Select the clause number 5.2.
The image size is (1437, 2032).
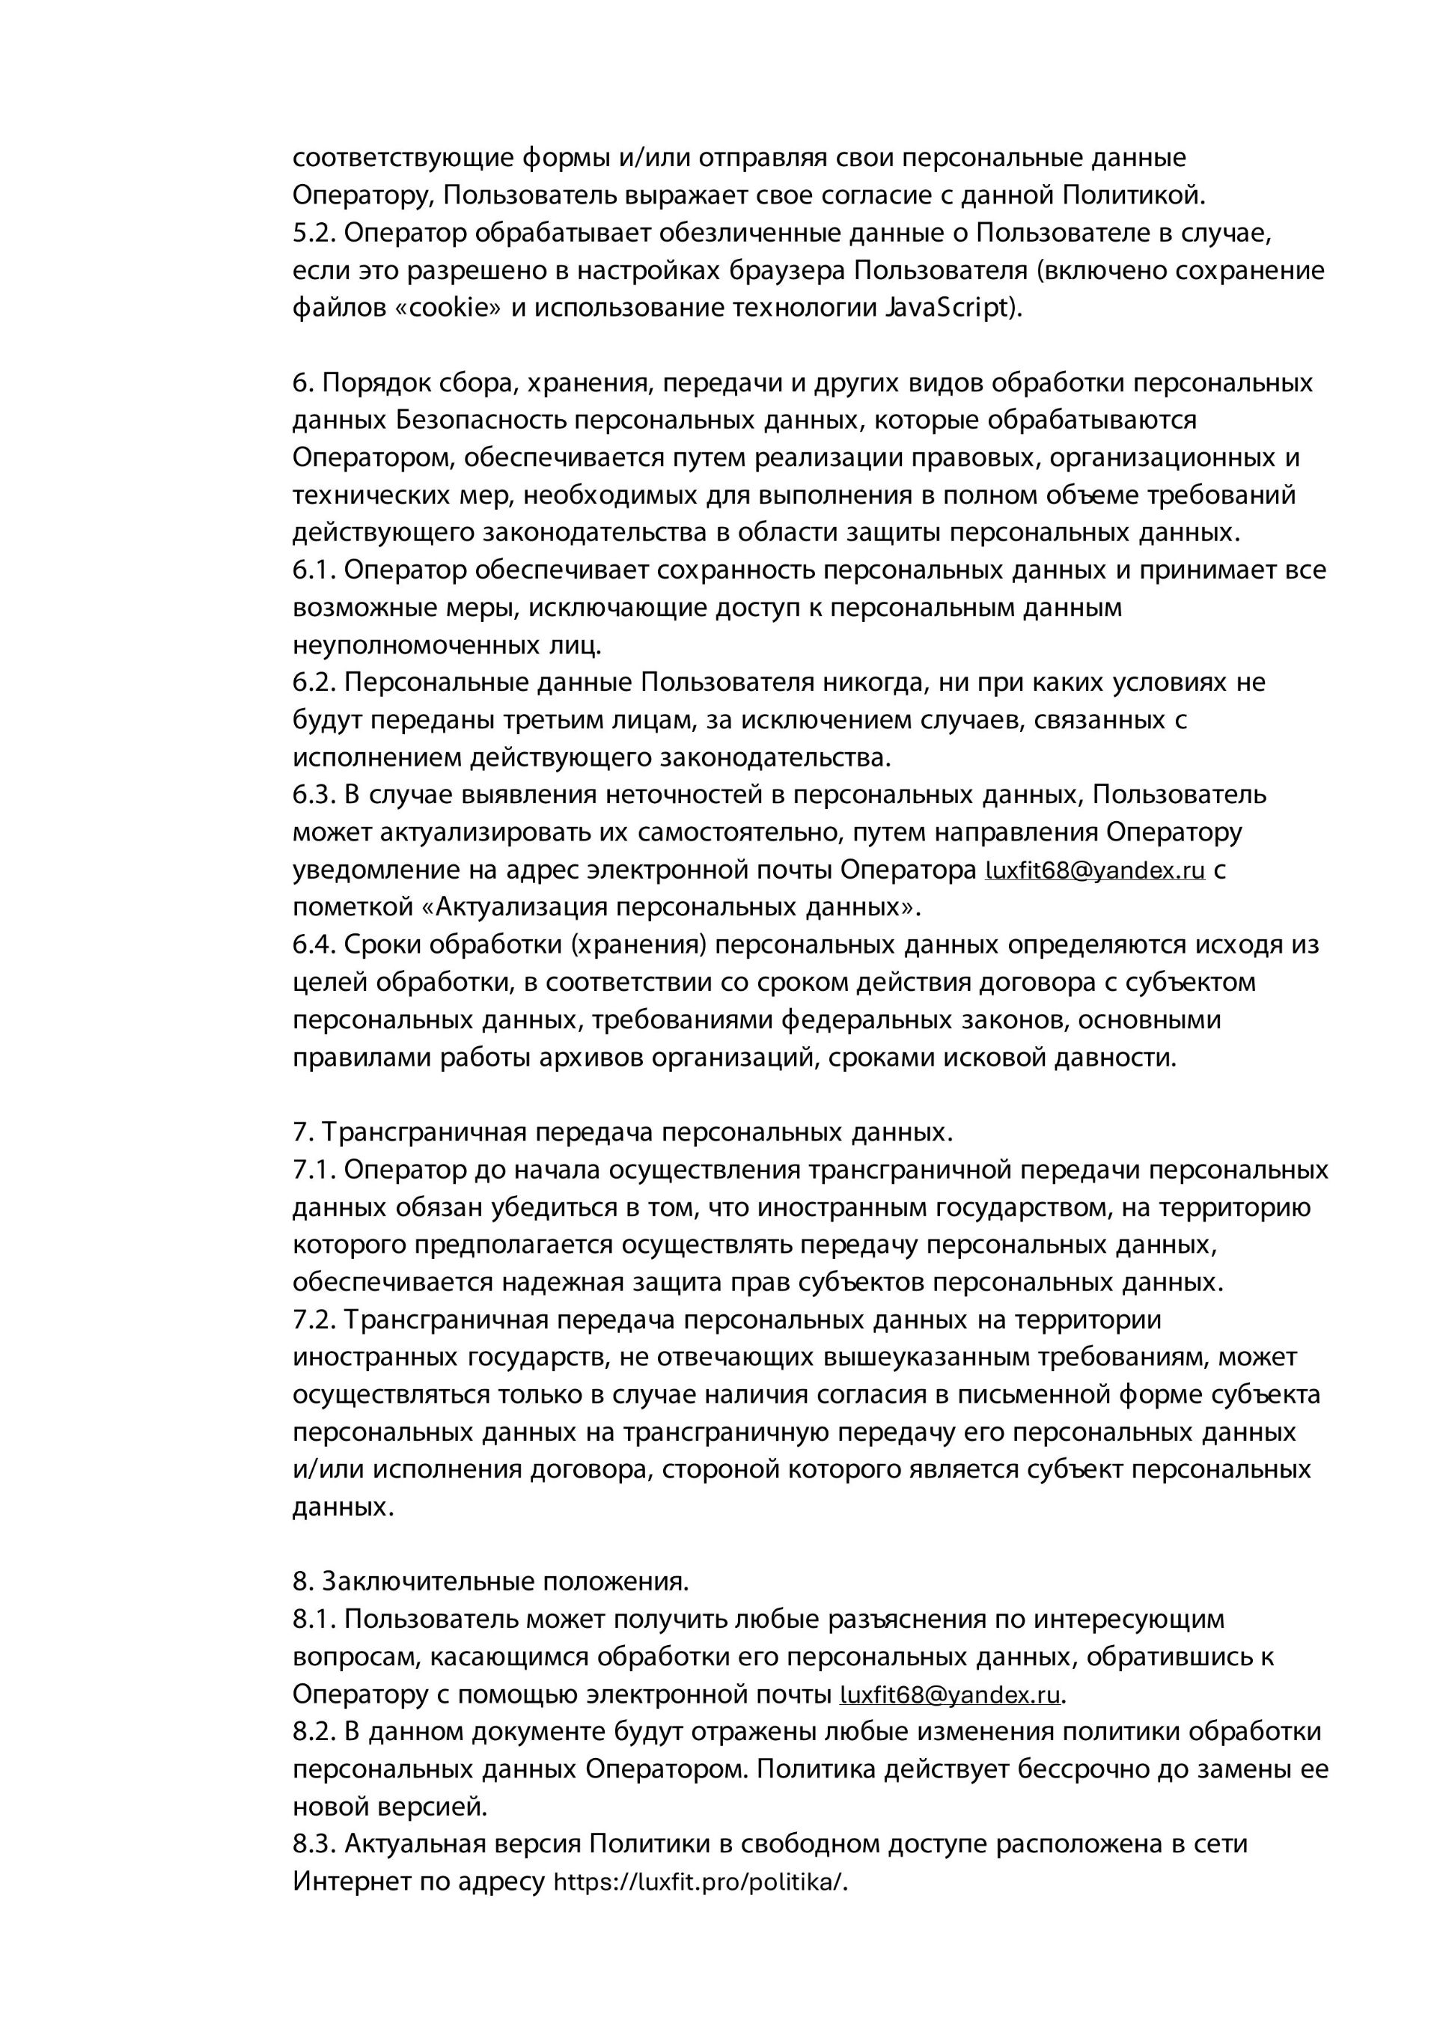pyautogui.click(x=314, y=233)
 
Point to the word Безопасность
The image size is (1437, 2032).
pyautogui.click(x=481, y=420)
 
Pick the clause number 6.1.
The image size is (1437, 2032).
pyautogui.click(x=314, y=569)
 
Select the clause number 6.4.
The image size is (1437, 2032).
pyautogui.click(x=314, y=945)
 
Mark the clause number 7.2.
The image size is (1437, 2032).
pyautogui.click(x=314, y=1319)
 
